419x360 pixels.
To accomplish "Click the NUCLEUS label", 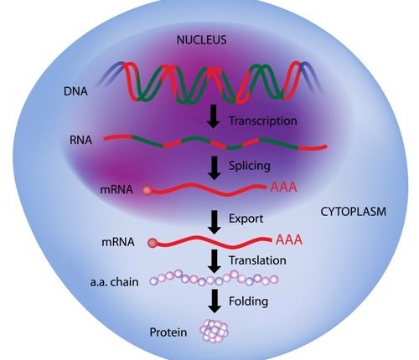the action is click(201, 39).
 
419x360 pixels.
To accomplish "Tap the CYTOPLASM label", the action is click(353, 212).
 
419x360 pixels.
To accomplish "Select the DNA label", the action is click(75, 91).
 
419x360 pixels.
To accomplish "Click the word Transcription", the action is click(263, 121).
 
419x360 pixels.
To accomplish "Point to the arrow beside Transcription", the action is click(214, 116).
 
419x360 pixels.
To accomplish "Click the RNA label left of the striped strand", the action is click(80, 140).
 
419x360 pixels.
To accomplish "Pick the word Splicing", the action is click(250, 166).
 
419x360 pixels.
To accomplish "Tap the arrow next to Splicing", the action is click(215, 168).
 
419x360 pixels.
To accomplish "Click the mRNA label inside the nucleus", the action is click(116, 190).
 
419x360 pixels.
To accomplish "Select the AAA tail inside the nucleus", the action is click(283, 187).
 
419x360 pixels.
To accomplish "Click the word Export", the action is click(246, 219).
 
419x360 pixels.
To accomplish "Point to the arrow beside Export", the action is click(215, 222).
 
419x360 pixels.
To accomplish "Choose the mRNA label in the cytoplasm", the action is click(118, 242).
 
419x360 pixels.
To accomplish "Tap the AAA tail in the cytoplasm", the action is click(289, 239).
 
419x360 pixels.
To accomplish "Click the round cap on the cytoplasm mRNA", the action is click(153, 243).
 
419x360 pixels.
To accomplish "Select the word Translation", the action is click(257, 260).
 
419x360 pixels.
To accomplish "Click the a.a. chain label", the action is click(114, 282).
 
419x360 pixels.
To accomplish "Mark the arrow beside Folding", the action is click(215, 301).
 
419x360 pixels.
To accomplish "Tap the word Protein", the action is click(168, 332).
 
